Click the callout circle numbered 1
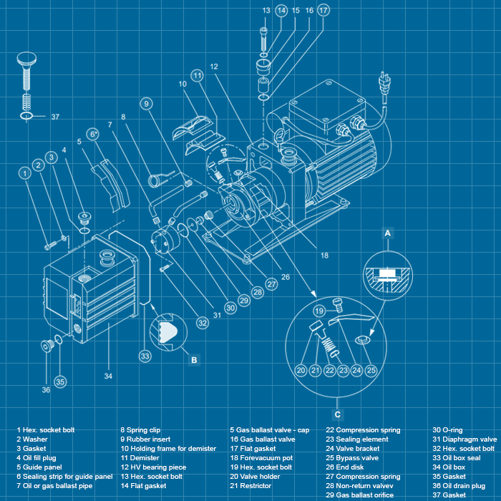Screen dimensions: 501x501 tap(25, 172)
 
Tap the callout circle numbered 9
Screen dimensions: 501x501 tap(145, 103)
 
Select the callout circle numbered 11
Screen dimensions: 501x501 tap(198, 75)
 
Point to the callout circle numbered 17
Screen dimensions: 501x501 tap(324, 11)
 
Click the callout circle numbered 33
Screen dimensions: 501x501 tap(145, 355)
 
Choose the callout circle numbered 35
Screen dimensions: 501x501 tap(60, 381)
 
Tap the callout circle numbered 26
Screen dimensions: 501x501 tap(285, 277)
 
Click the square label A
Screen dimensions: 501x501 tap(388, 233)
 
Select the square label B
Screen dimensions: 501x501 tap(194, 360)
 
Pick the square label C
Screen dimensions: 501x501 tap(337, 414)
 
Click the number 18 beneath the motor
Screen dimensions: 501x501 tap(324, 255)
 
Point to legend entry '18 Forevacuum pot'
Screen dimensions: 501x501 tap(261, 458)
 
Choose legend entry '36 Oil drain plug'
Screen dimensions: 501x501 tap(459, 486)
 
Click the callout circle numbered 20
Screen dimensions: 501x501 tap(301, 370)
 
